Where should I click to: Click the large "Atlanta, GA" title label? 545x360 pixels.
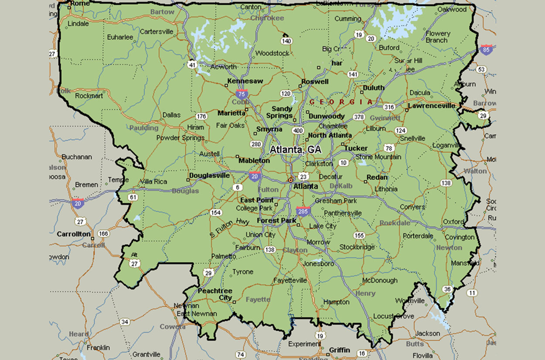(296, 150)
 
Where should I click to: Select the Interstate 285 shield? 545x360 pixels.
(303, 211)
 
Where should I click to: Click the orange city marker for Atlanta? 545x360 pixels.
(290, 180)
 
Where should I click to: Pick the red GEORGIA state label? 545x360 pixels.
(341, 102)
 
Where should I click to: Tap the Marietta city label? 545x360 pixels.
(232, 113)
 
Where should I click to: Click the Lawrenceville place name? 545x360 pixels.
(432, 106)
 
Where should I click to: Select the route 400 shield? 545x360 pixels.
(298, 130)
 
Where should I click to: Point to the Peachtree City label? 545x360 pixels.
(215, 294)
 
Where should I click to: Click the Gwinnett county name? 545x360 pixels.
(385, 118)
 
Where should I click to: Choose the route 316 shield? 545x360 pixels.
(389, 107)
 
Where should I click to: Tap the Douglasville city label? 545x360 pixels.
(209, 175)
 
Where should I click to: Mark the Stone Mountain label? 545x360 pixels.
(378, 157)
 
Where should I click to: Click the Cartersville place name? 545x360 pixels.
(157, 31)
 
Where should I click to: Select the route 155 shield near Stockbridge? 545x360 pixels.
(359, 236)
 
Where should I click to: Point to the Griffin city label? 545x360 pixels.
(339, 350)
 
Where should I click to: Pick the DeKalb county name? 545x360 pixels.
(341, 186)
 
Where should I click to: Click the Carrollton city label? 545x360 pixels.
(74, 234)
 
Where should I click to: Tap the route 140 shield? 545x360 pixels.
(286, 41)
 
